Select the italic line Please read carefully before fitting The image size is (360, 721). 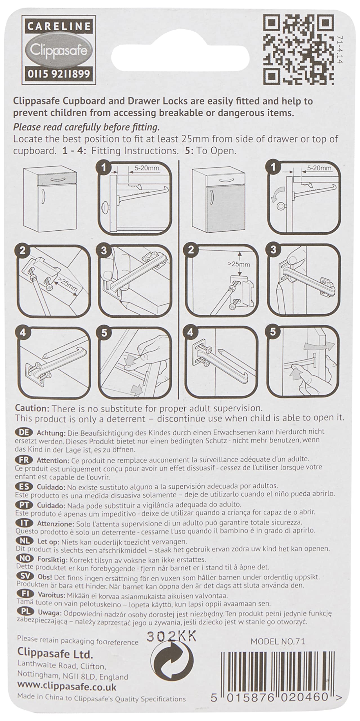pos(86,127)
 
